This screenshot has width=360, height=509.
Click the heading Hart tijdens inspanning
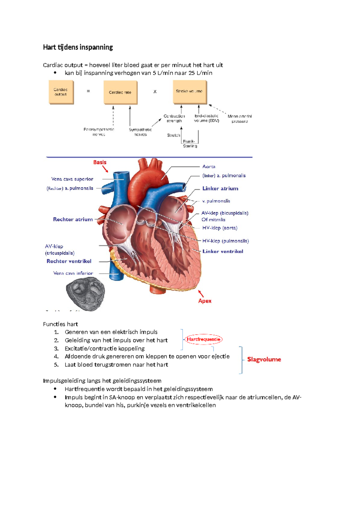click(x=78, y=47)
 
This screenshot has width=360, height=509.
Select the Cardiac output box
click(x=61, y=92)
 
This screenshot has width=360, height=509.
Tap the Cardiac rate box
click(x=120, y=92)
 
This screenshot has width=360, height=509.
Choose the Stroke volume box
click(x=190, y=92)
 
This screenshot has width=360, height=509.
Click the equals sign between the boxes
click(x=88, y=91)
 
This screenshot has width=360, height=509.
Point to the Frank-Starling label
click(x=190, y=143)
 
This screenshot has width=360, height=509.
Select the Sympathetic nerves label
click(x=140, y=132)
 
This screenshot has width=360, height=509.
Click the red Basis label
click(x=100, y=162)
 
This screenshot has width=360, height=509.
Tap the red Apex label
click(x=205, y=301)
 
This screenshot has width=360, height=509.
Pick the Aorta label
click(x=208, y=167)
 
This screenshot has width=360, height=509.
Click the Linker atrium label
click(x=220, y=188)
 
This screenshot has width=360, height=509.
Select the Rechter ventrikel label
click(x=69, y=261)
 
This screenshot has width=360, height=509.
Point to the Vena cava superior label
click(x=72, y=179)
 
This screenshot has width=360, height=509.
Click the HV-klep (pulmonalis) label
click(x=225, y=241)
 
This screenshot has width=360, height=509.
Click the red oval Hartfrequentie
click(x=203, y=339)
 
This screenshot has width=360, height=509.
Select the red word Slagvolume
click(x=264, y=360)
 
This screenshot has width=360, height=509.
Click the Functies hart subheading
click(x=60, y=324)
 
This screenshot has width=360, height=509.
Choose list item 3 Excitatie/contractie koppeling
click(x=104, y=348)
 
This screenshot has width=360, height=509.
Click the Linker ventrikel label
click(x=223, y=251)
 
